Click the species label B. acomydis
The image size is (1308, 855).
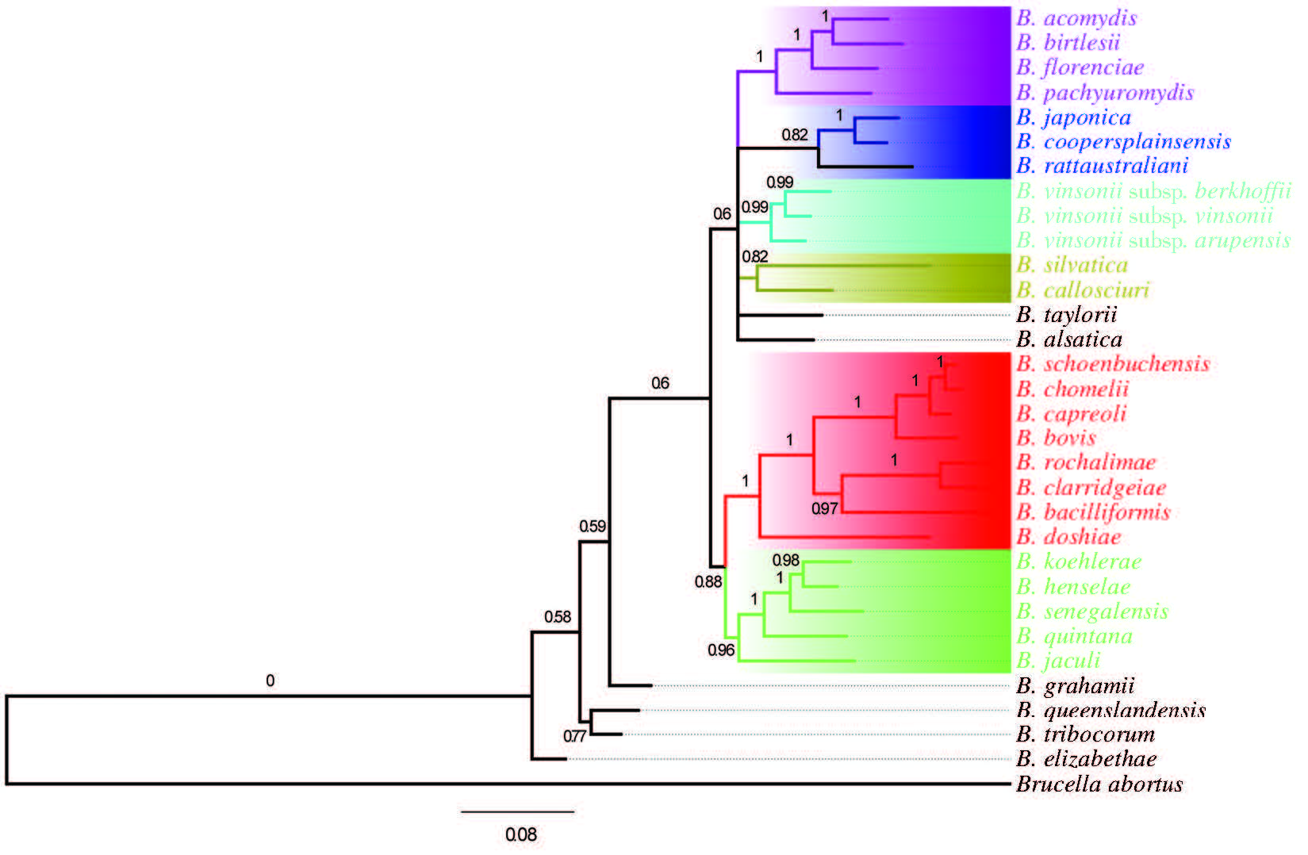point(1076,18)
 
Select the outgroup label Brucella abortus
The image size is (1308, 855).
point(1099,784)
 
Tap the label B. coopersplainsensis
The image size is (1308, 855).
point(1123,142)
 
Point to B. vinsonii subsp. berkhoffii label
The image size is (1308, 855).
point(1153,191)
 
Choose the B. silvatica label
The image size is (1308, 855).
point(1072,265)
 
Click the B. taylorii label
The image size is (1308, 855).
point(1066,315)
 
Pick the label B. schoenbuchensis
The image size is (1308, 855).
point(1113,364)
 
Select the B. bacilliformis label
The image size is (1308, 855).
point(1093,512)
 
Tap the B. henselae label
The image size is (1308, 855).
point(1073,587)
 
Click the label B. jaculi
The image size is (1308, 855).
point(1058,661)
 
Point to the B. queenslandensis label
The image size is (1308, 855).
point(1110,710)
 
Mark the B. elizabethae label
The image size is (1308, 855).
point(1086,759)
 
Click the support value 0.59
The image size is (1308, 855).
point(593,527)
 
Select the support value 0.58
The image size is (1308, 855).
point(558,617)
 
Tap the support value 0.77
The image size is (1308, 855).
point(574,736)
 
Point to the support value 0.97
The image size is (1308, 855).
point(825,508)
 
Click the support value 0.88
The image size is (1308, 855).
point(708,582)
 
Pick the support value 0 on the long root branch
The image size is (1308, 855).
point(270,681)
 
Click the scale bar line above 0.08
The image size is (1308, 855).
point(518,812)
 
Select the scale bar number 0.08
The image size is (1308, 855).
point(521,834)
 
